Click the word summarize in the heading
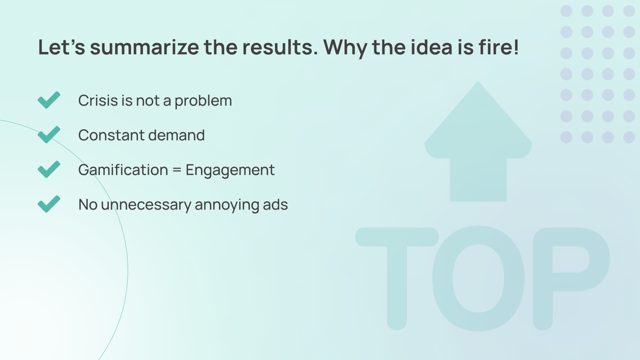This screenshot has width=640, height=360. [x=144, y=47]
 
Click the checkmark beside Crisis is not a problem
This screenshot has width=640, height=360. [x=49, y=100]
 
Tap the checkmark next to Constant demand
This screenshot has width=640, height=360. [x=49, y=134]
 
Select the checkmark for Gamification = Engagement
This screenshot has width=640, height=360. [x=49, y=169]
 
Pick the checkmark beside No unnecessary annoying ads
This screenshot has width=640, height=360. [x=49, y=204]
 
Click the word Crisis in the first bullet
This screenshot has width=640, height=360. [x=98, y=101]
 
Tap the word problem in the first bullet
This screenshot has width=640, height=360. [x=203, y=101]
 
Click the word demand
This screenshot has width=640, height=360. [x=176, y=135]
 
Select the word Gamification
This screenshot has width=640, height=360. [x=123, y=170]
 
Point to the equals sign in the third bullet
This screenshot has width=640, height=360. [x=177, y=170]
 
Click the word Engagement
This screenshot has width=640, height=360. [x=230, y=170]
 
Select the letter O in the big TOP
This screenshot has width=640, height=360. [x=478, y=278]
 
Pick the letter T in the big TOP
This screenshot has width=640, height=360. [x=397, y=278]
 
